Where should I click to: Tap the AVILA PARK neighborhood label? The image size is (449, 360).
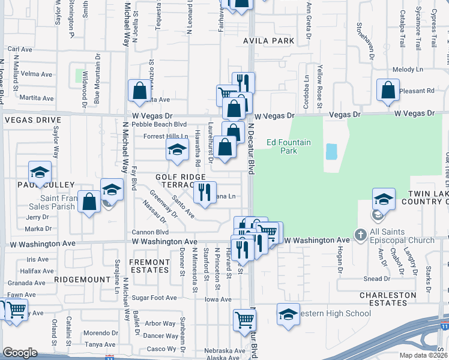tap(269, 41)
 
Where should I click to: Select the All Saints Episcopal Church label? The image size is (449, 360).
tap(402, 236)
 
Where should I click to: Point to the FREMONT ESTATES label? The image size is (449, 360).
tap(149, 266)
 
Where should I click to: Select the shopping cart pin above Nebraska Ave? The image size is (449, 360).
tap(244, 320)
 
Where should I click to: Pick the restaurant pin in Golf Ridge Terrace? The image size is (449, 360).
tap(204, 192)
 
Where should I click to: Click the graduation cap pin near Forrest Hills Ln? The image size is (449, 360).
tap(177, 151)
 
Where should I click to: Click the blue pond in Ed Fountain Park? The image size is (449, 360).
tap(331, 151)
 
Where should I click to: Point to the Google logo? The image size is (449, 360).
tap(20, 353)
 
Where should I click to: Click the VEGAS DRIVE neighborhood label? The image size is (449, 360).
tap(32, 120)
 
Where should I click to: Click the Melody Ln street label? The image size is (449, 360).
tap(408, 70)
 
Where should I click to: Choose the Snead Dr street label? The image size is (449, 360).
tap(377, 279)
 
